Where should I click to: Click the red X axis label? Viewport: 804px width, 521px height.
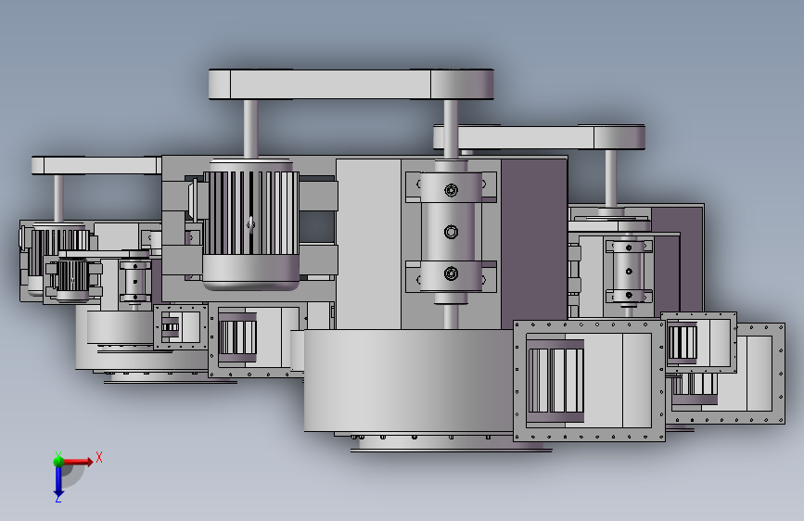pos(99,457)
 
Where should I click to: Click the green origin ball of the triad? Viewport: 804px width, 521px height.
pos(58,461)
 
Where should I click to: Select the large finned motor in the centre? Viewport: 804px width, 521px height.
pos(250,224)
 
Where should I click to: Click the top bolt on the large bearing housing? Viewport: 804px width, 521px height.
pos(452,190)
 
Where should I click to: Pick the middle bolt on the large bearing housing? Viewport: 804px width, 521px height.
pos(452,233)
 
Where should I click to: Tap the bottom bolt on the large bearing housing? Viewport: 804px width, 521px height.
pos(452,273)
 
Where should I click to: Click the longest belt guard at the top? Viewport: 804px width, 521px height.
pos(351,84)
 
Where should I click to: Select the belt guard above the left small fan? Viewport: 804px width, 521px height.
pos(96,166)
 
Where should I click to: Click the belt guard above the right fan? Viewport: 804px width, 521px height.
pos(540,137)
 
